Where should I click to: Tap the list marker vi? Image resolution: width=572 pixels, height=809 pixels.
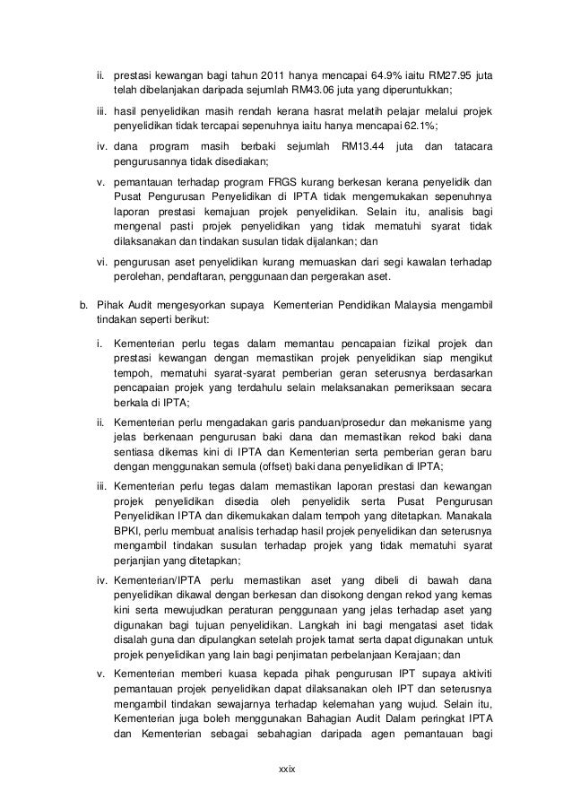point(102,261)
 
